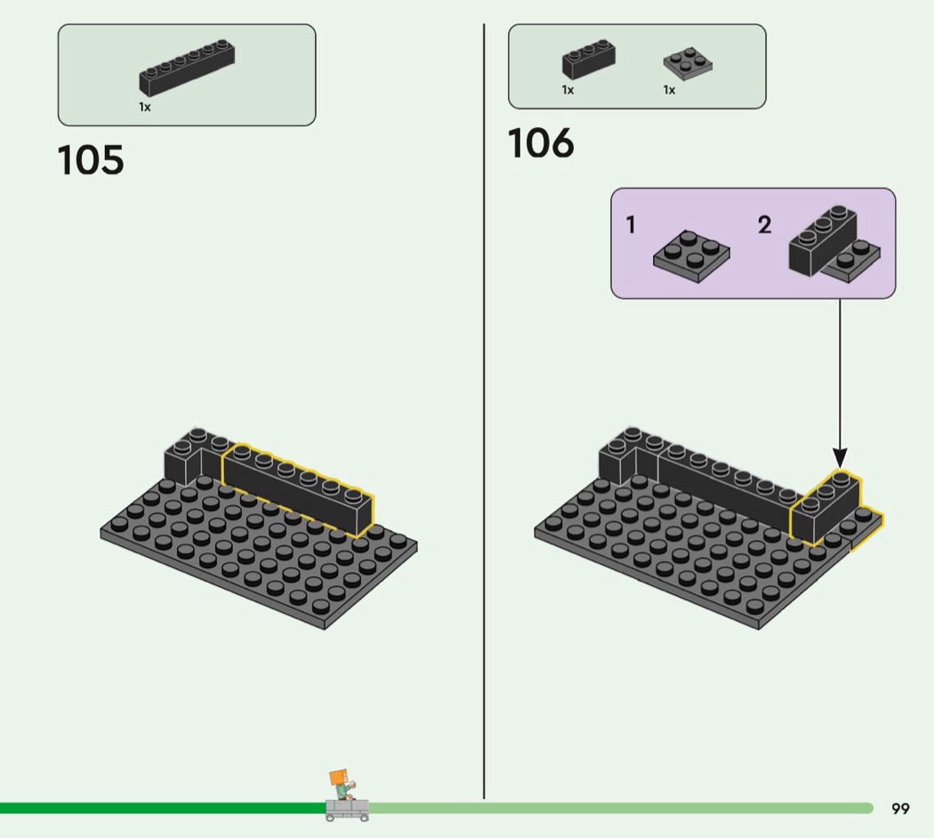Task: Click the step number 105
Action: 91,160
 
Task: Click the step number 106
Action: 541,144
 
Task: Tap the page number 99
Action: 900,809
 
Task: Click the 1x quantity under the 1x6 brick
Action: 144,107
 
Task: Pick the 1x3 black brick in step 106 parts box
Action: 588,60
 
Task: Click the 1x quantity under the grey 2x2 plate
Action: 669,90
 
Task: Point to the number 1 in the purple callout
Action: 631,225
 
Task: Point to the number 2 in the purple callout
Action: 764,225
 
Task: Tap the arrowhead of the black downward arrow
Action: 839,458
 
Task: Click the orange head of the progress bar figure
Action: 338,778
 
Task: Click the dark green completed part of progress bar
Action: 160,808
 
